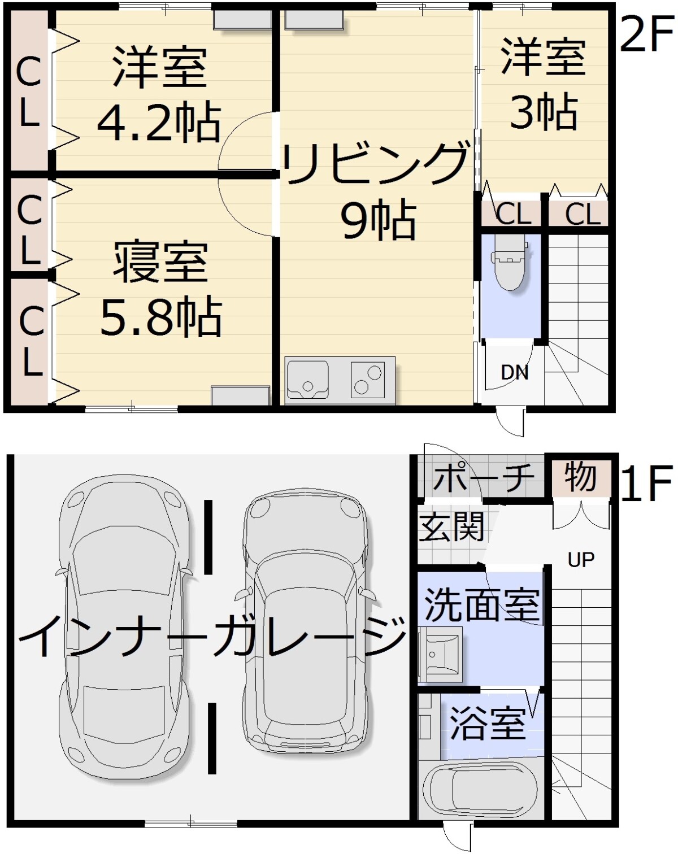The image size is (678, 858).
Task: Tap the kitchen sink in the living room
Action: (307, 380)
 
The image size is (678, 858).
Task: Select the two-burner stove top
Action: (368, 380)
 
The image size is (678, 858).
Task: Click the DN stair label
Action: (515, 373)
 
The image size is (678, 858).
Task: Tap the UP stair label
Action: (581, 560)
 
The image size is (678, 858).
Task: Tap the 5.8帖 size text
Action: (160, 316)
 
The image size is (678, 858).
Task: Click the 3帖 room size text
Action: (544, 112)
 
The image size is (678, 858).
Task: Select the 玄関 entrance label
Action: (451, 526)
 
